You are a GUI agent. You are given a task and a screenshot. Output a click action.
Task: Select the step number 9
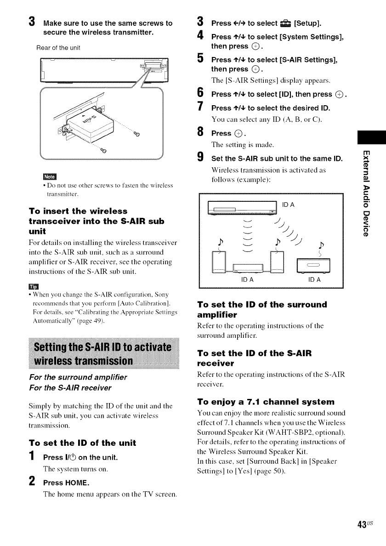[x=199, y=159]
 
